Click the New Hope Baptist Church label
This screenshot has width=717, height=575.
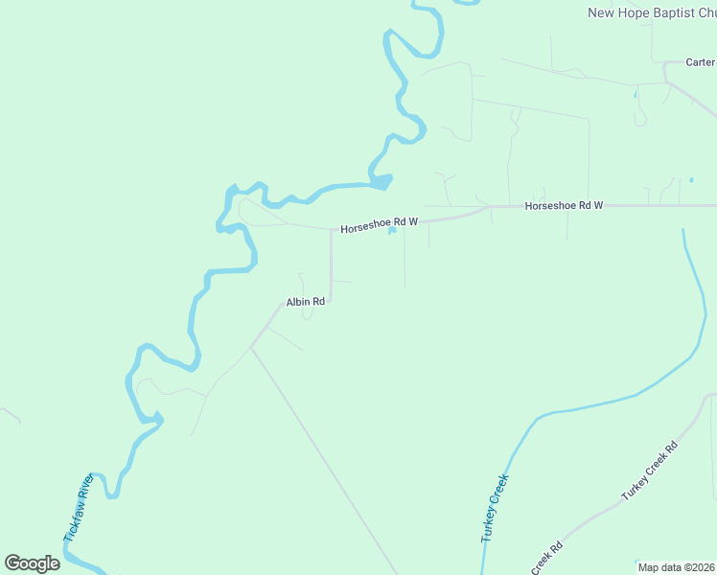(x=651, y=12)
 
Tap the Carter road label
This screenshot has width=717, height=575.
(x=700, y=62)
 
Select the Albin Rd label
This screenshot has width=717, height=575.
(x=306, y=302)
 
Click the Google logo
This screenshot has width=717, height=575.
(x=32, y=563)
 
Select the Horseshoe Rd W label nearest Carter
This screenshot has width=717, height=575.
(x=564, y=206)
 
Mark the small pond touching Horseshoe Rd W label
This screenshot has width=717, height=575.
(x=392, y=229)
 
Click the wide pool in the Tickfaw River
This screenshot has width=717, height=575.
(x=382, y=180)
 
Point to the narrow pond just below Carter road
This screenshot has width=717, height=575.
(x=635, y=94)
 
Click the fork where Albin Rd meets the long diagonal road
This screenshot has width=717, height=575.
(x=251, y=347)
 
